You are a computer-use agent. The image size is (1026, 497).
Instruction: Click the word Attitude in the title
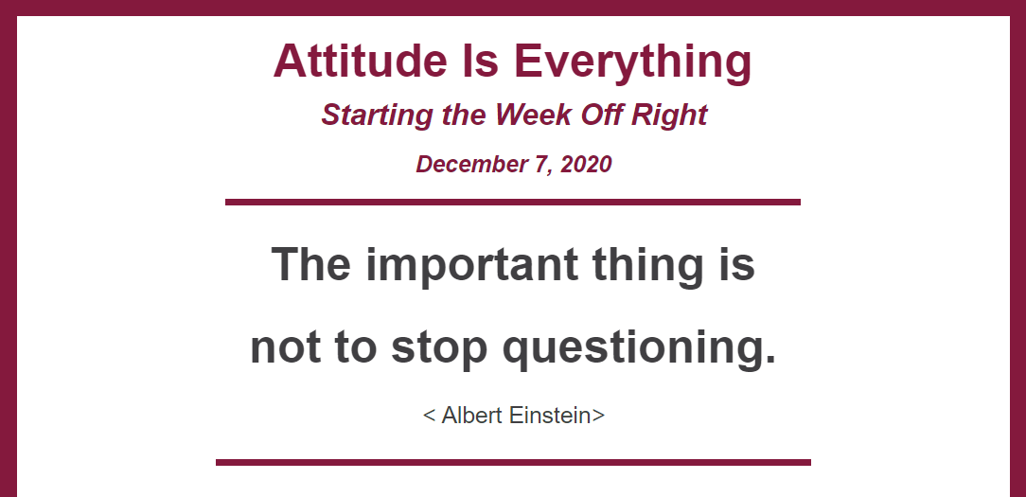tap(355, 61)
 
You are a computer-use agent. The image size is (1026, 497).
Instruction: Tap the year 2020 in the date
tap(586, 165)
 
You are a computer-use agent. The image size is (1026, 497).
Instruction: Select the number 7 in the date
tap(541, 165)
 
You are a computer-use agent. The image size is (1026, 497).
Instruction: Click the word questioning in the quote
tap(639, 348)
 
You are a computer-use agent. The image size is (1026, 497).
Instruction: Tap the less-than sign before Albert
tap(430, 416)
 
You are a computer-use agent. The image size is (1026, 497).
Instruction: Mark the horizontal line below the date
tap(513, 202)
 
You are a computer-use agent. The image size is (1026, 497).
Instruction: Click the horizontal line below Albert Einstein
tap(513, 462)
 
